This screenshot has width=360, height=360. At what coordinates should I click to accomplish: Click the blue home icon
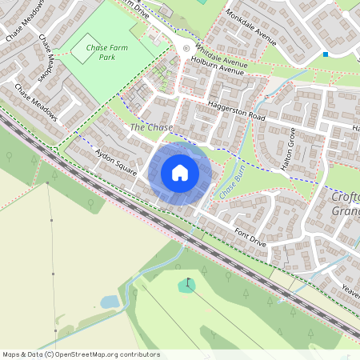click(180, 173)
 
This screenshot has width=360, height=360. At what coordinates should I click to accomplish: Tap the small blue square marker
click(326, 54)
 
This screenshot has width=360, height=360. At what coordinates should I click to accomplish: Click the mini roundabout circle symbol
click(186, 49)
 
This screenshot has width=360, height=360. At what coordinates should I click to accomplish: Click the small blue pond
click(110, 302)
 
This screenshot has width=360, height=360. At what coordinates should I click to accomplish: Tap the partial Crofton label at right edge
click(346, 198)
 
